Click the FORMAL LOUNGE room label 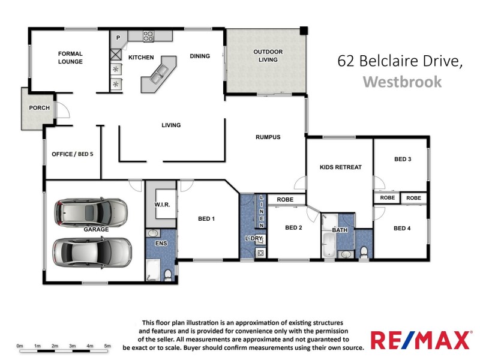click(70, 58)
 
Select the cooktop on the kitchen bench click(148, 35)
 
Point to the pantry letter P click(118, 38)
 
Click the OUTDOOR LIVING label click(268, 56)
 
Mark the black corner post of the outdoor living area click(304, 29)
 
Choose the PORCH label click(39, 108)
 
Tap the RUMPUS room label click(268, 137)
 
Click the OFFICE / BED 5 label click(72, 154)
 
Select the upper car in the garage click(92, 211)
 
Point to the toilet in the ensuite click(167, 274)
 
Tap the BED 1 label click(206, 219)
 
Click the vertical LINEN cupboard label click(262, 211)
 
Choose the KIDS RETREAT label click(341, 167)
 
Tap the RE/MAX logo click(420, 340)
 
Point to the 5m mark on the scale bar click(108, 346)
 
